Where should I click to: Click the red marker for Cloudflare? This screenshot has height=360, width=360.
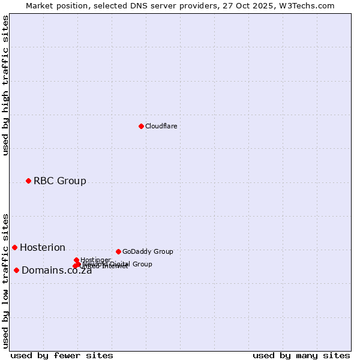pos(141,126)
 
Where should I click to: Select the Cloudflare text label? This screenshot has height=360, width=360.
pos(161,126)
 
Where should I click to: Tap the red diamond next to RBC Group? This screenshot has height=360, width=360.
pos(28,181)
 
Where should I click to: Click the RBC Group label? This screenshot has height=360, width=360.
pos(59,181)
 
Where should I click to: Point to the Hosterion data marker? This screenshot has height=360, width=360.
pos(14,247)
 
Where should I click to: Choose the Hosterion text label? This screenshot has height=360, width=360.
pos(42,247)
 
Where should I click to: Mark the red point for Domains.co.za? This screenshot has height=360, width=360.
pos(16,270)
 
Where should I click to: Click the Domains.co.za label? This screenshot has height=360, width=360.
pos(56,271)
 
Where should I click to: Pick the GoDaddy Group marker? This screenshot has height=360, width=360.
pos(118,251)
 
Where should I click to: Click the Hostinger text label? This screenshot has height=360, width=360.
pos(95,260)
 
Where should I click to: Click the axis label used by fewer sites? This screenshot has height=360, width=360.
pos(62,355)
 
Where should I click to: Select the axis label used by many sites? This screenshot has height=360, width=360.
pos(301,355)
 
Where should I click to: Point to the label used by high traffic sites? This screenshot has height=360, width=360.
pos(6,85)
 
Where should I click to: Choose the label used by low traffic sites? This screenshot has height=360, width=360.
pos(6,280)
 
